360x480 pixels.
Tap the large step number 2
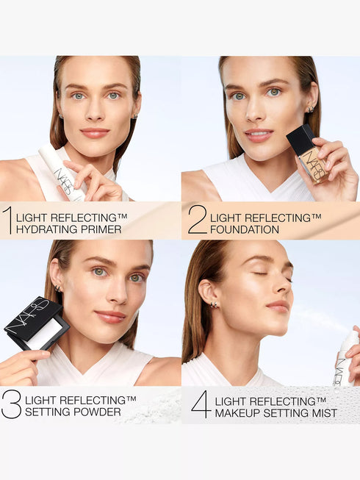(198, 221)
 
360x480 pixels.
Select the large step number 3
(12, 405)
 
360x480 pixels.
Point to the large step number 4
(200, 405)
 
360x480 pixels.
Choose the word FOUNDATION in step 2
(245, 229)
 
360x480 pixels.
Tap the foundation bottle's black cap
(300, 140)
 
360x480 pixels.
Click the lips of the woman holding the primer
(95, 132)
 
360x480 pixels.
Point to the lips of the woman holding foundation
(258, 135)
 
